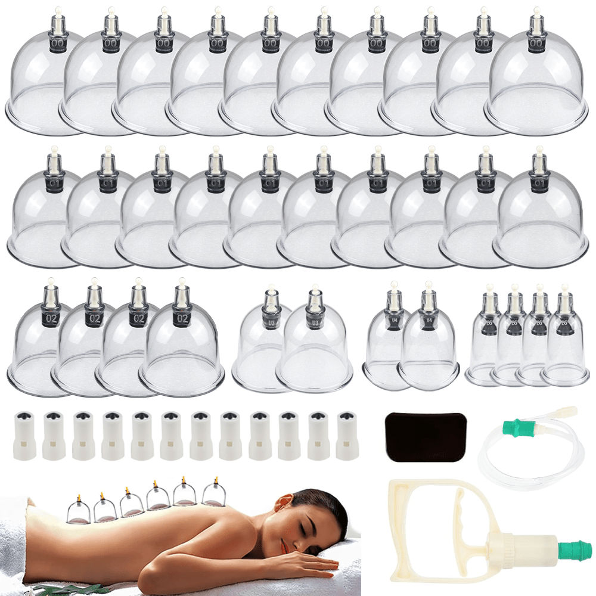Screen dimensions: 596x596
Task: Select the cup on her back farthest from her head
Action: coord(80,510)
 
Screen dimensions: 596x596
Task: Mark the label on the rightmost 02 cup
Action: coord(181,317)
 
